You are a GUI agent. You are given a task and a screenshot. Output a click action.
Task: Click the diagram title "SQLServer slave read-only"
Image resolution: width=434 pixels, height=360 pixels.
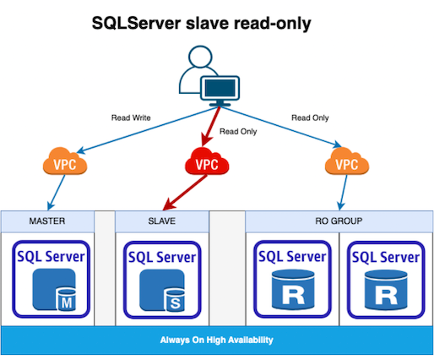coord(201,24)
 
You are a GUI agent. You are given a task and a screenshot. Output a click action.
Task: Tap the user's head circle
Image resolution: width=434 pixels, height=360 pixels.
coord(200,57)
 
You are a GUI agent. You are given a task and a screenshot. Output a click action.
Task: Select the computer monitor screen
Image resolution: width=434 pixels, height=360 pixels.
coord(220,88)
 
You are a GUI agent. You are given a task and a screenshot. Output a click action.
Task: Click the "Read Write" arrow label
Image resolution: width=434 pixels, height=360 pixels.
coord(131,117)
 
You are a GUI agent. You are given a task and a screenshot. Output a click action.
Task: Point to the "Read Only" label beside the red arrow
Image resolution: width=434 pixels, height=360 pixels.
coord(238,132)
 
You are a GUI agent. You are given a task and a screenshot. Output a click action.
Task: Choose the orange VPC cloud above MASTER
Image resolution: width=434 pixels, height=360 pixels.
coord(65,161)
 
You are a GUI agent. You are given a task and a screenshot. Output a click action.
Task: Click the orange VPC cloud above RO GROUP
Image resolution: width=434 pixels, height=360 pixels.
coord(347,161)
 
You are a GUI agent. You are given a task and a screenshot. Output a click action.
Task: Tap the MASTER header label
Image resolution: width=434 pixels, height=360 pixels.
coord(47,221)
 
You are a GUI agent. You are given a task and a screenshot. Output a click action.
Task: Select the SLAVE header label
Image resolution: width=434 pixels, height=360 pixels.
coord(162,221)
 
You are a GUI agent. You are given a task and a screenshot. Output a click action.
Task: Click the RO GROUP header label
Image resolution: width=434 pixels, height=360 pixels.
coord(339,221)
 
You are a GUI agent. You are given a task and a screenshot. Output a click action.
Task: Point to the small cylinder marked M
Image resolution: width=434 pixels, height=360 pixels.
coord(67,299)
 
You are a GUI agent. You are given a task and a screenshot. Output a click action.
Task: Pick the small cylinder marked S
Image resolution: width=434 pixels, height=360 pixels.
coord(175,300)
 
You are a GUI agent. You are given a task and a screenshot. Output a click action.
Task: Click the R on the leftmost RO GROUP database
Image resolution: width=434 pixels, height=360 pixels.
coord(293,295)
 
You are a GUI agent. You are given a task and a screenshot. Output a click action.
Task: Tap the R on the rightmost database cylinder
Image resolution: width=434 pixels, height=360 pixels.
coord(386,296)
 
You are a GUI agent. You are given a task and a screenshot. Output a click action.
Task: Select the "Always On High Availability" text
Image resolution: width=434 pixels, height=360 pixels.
coord(216,340)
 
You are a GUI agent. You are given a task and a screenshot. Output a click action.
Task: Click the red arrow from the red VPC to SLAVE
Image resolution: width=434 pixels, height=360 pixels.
coord(185,193)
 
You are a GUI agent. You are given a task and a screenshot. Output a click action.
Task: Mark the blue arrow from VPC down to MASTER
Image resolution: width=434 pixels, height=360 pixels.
coord(57,193)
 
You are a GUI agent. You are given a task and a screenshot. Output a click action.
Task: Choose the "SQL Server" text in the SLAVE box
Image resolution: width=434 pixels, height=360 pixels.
coord(162,257)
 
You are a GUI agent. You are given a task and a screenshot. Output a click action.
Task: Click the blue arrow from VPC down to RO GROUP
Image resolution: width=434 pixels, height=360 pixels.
coord(344,193)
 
